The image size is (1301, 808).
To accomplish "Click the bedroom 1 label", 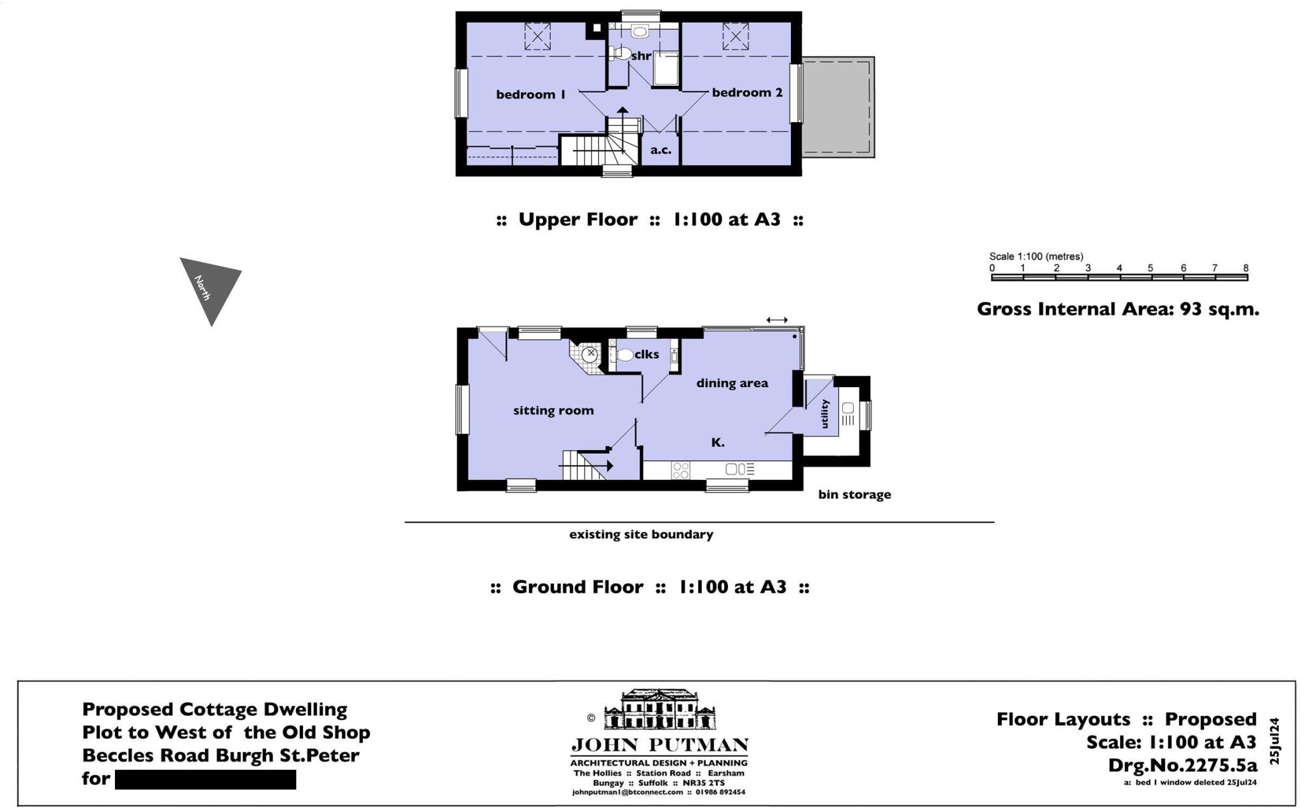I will click(530, 95).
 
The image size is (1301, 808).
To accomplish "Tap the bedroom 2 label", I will click(747, 93).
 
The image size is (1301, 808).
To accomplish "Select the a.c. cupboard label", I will click(661, 150).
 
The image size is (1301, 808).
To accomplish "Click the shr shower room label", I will click(641, 56).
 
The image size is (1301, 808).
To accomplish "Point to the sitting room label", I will click(553, 411).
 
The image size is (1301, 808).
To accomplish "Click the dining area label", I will click(732, 383).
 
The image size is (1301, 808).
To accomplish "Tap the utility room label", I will click(825, 414).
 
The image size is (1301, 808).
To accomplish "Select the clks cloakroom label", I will click(647, 355).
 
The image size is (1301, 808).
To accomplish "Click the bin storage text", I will click(854, 495).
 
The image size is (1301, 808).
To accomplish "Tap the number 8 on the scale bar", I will click(1246, 268).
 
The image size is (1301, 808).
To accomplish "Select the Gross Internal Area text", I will click(1117, 310).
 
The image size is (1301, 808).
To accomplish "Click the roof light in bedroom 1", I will click(537, 36).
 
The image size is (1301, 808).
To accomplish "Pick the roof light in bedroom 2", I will click(736, 36).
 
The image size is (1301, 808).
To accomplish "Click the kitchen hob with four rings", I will click(680, 470).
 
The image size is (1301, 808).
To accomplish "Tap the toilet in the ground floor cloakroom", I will click(624, 355).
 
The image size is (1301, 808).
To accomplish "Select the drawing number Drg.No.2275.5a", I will click(1182, 765).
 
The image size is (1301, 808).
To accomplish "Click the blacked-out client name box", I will click(205, 779).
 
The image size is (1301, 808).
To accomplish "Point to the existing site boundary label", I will click(641, 535).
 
